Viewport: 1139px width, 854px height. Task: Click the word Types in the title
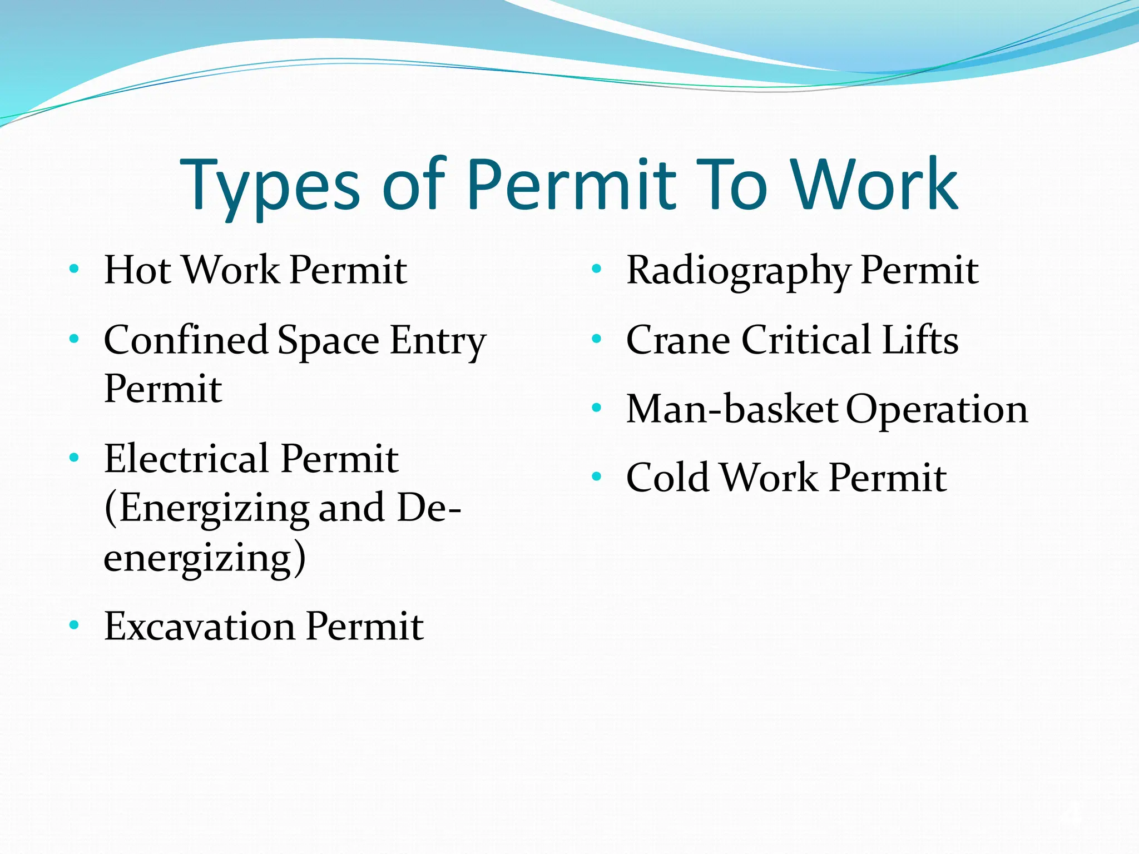(270, 186)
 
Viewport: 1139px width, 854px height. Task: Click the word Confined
(186, 340)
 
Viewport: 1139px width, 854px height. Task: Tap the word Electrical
(187, 459)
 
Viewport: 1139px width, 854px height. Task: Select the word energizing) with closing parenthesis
(205, 558)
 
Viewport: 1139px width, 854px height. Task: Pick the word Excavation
(200, 627)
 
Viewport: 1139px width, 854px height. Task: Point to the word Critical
(806, 340)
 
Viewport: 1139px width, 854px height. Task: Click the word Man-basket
(731, 409)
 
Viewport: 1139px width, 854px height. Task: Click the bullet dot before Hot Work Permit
(74, 270)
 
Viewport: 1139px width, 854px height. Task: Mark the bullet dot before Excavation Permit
(74, 625)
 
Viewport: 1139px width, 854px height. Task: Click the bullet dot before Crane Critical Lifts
(597, 339)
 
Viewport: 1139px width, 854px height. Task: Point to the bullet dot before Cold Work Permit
(597, 476)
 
